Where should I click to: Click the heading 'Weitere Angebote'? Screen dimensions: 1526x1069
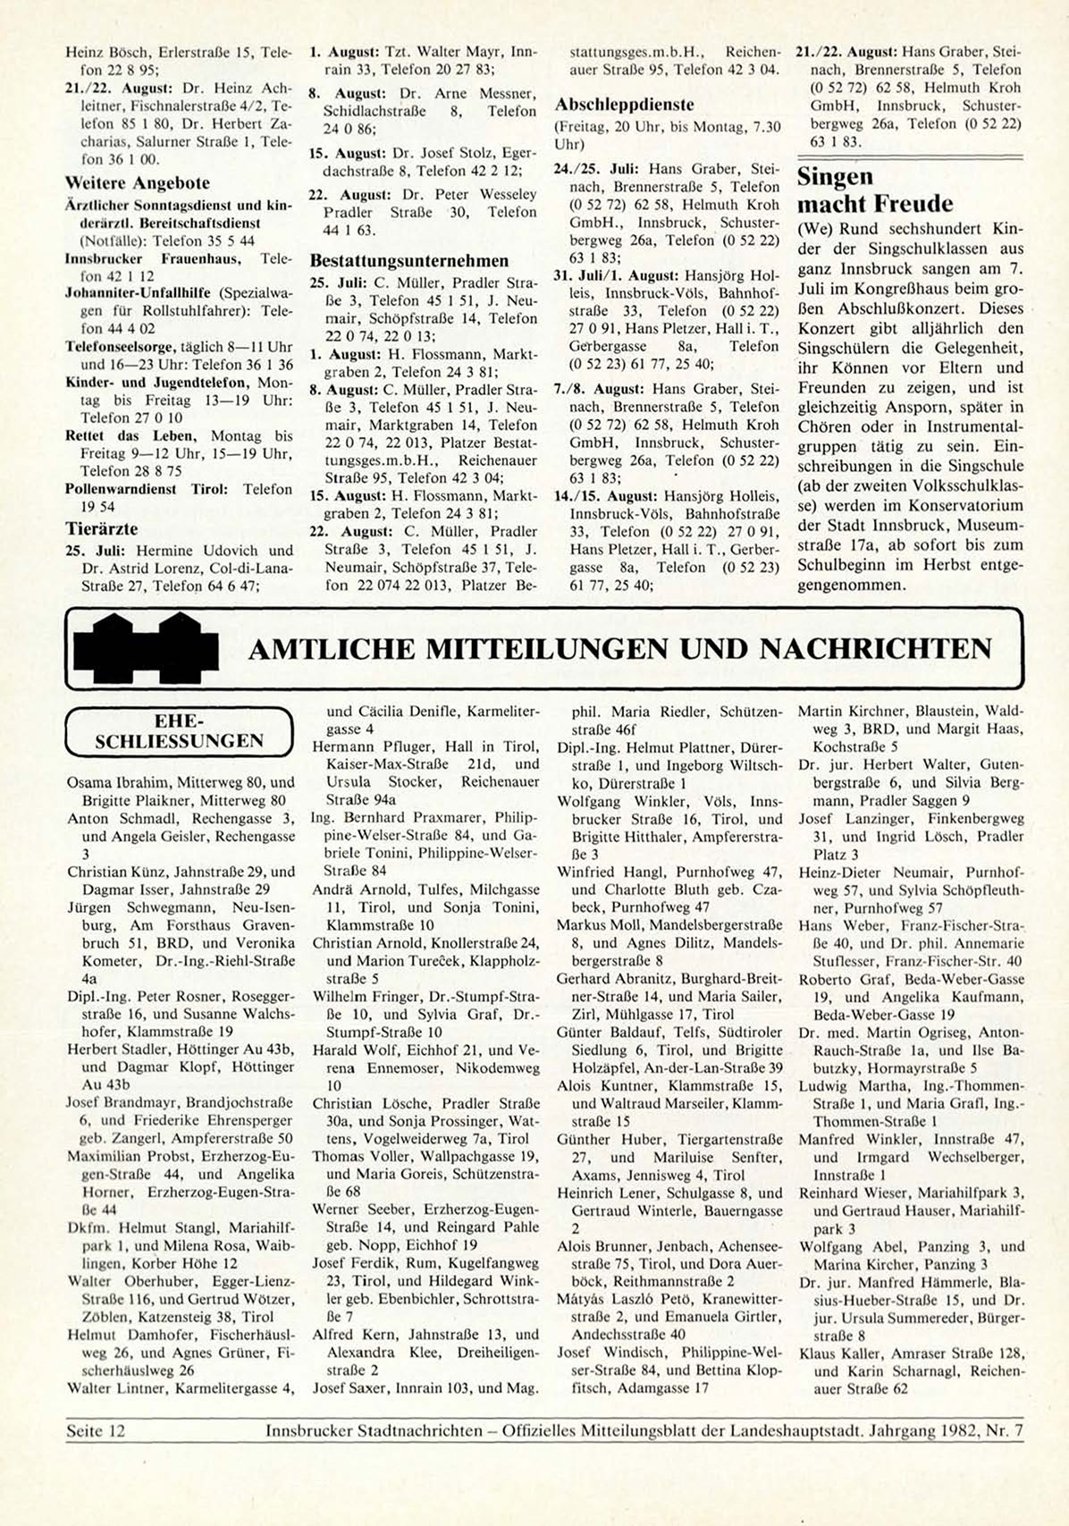coord(138,183)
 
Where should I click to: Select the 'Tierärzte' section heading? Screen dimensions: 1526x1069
coord(102,528)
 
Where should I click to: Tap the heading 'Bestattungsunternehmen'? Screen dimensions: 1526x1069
coord(409,261)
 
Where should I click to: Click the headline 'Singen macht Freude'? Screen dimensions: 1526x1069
coord(874,190)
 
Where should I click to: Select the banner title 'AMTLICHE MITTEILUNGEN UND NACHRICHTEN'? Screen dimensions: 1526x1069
coord(619,648)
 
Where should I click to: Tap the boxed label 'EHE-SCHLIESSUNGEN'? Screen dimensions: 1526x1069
coord(179,731)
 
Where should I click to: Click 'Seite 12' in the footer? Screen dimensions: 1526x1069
coord(96,1431)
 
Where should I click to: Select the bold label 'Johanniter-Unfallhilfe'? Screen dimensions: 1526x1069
coord(128,293)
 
